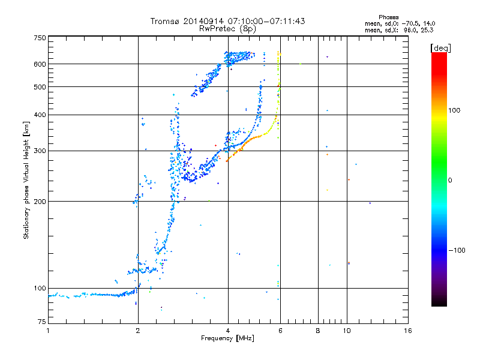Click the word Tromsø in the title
[164, 21]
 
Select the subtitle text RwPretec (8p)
[227, 29]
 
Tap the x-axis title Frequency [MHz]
[227, 338]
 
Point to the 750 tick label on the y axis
[40, 38]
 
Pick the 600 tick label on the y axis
[40, 64]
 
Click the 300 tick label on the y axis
[40, 151]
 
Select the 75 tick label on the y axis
[42, 322]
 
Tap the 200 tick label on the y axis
[40, 202]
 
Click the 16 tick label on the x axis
[408, 331]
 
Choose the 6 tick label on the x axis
[280, 331]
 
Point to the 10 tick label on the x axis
[347, 331]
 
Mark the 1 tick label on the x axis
[48, 331]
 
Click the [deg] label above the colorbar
[440, 48]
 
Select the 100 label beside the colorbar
[454, 110]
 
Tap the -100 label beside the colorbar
[457, 250]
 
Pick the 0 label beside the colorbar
[450, 181]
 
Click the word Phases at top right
[388, 17]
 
